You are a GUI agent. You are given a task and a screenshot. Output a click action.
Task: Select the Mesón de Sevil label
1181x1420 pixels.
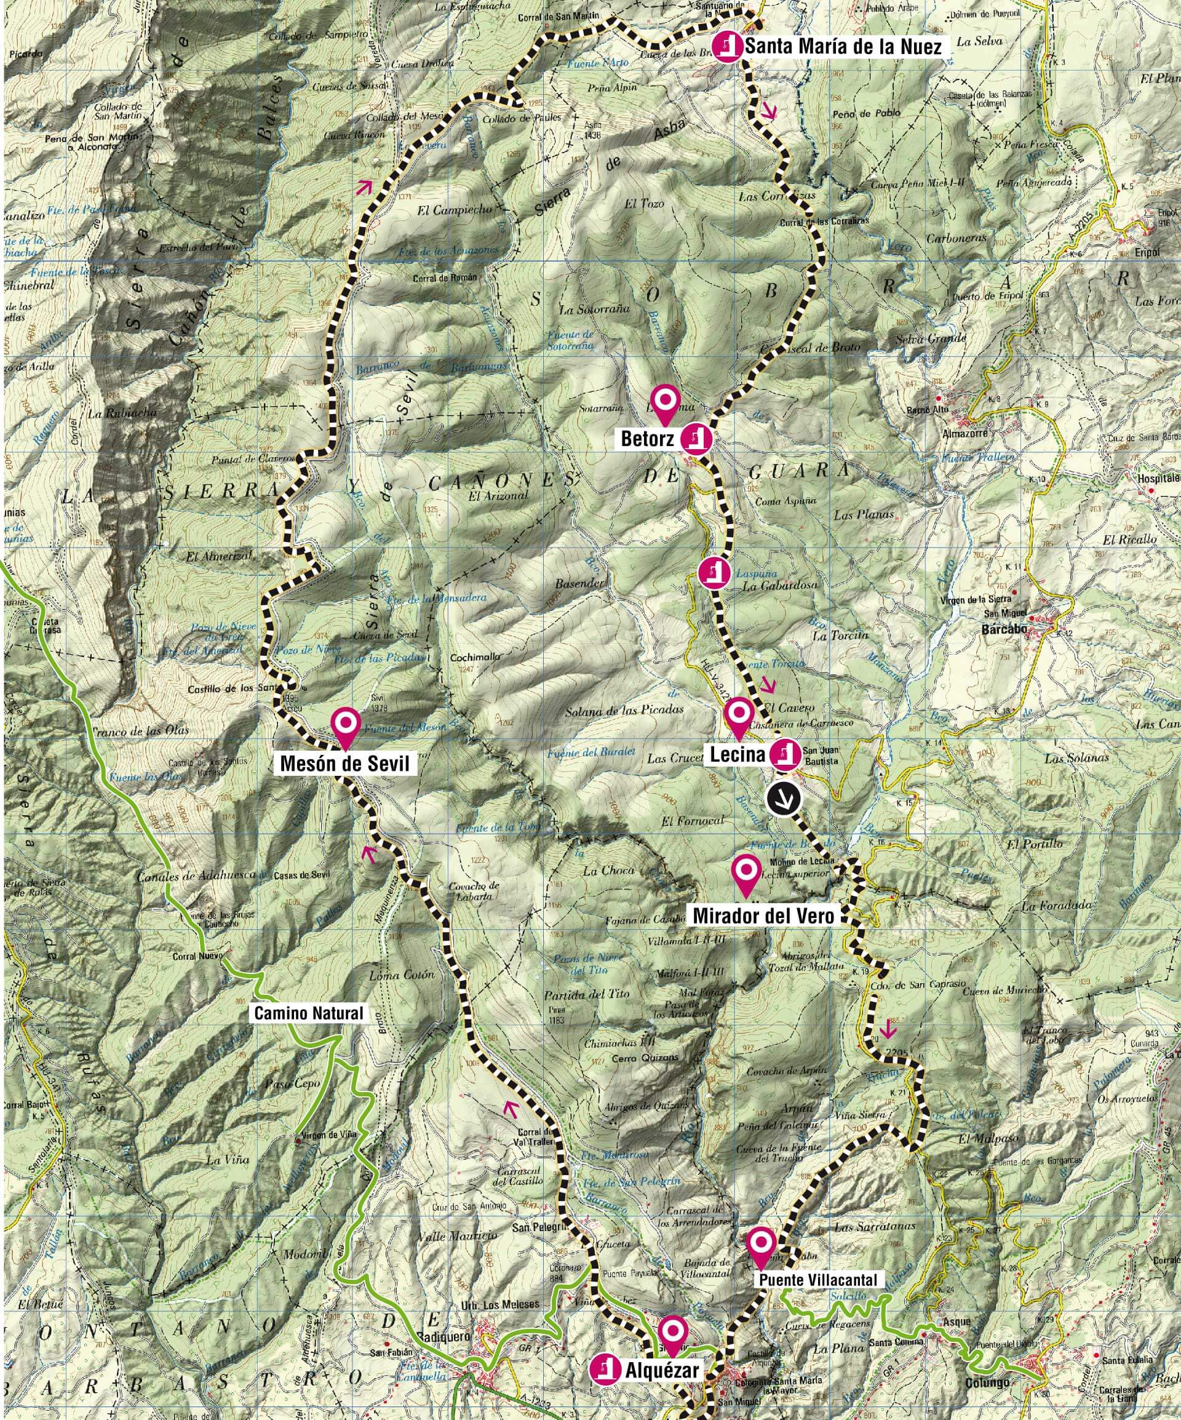pyautogui.click(x=345, y=764)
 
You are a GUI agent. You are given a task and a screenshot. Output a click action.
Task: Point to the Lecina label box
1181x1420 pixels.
pyautogui.click(x=736, y=752)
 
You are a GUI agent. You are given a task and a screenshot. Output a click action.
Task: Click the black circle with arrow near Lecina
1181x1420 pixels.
pyautogui.click(x=783, y=799)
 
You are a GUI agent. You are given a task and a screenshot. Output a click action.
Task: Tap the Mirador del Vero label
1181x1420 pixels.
pyautogui.click(x=765, y=915)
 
